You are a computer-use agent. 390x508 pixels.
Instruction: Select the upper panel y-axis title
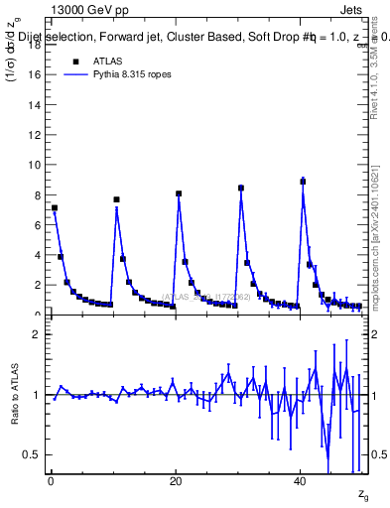coord(14,60)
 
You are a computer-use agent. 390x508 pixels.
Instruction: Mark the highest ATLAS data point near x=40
coord(303,182)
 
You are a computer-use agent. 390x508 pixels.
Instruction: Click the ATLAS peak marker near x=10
coord(116,199)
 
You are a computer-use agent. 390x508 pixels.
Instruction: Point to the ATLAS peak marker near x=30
coord(241,188)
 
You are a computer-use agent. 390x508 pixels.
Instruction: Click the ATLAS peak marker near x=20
coord(179,193)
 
